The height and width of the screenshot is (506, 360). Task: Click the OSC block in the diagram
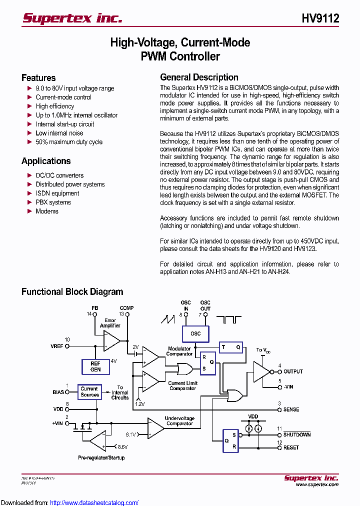(195, 333)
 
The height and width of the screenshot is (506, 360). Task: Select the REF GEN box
(95, 366)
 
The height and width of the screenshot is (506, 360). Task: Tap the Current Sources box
(89, 391)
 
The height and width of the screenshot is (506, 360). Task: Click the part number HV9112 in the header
(320, 18)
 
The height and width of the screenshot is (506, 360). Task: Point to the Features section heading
(38, 78)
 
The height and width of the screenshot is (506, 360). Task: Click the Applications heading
(46, 161)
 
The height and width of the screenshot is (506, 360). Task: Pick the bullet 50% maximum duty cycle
(68, 142)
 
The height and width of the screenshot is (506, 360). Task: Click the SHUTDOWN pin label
(297, 434)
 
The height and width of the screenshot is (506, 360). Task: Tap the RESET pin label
(291, 447)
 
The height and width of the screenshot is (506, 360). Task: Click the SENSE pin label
(291, 409)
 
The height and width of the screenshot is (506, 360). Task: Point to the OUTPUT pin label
(293, 371)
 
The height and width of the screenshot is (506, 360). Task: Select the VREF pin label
(57, 346)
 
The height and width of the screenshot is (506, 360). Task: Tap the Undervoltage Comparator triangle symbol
(155, 427)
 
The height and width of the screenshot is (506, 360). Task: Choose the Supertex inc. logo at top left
(72, 18)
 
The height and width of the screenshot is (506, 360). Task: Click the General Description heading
(199, 77)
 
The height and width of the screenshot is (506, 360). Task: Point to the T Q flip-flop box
(231, 347)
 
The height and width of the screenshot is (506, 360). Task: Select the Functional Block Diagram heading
(72, 292)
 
